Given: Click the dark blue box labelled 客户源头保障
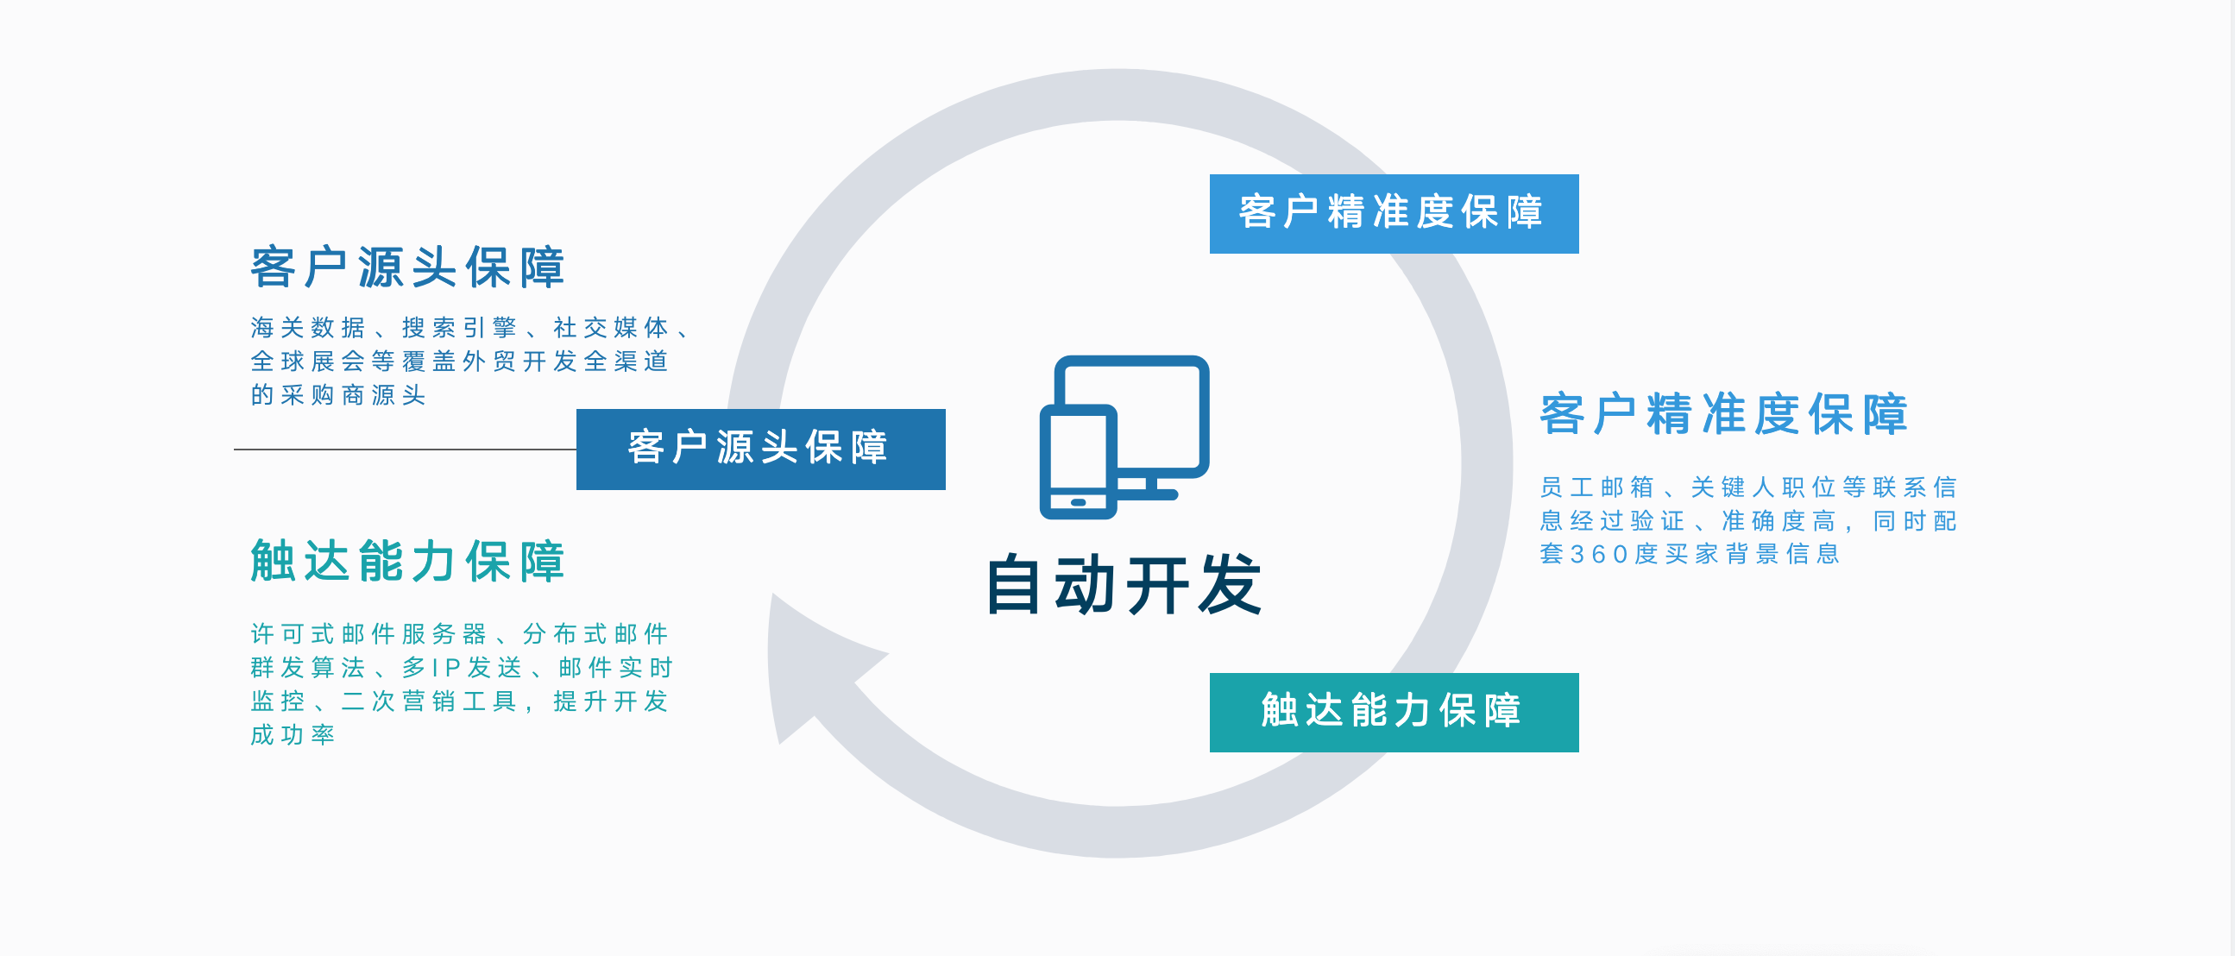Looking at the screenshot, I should pos(760,449).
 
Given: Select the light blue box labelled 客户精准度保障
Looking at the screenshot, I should pos(1394,213).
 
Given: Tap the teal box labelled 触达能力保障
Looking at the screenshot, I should pos(1394,712).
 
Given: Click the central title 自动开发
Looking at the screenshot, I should pos(1124,585).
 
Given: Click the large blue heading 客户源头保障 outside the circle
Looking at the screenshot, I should pos(408,267).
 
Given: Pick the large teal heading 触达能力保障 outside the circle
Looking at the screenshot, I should pos(408,562).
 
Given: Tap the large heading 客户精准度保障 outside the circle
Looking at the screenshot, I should pos(1723,414).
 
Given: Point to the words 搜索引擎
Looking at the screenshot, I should pos(459,328).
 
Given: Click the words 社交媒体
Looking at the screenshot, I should pos(611,328).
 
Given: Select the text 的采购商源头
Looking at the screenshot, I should pos(338,395).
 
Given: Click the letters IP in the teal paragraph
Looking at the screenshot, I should pos(446,668).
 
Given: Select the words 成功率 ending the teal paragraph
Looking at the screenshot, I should pos(293,736).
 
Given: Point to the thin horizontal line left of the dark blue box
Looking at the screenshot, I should pos(405,450).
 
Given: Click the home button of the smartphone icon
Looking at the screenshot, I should pos(1079,502).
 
